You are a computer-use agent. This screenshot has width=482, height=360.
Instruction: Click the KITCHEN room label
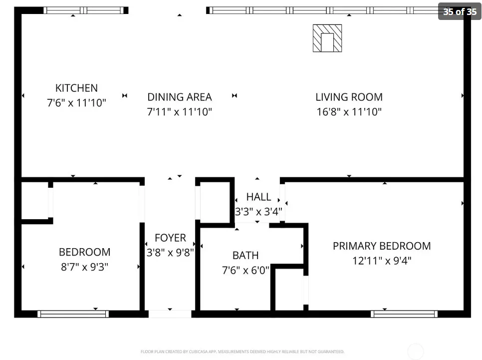pyautogui.click(x=76, y=88)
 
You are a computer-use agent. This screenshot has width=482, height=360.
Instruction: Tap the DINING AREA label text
pyautogui.click(x=180, y=97)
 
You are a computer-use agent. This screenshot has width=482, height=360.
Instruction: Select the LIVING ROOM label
pyautogui.click(x=349, y=97)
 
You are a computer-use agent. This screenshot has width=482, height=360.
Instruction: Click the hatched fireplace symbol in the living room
pyautogui.click(x=327, y=38)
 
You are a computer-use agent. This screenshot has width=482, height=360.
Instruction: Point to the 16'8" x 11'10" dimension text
pyautogui.click(x=349, y=112)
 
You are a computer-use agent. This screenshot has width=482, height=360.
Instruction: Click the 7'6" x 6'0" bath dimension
pyautogui.click(x=245, y=270)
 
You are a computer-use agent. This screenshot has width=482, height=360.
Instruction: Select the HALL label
pyautogui.click(x=258, y=197)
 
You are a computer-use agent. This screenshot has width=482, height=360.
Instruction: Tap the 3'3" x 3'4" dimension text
pyautogui.click(x=258, y=212)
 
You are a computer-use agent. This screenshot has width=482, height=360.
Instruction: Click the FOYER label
pyautogui.click(x=170, y=238)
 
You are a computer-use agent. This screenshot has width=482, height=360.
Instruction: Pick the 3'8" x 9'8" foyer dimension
pyautogui.click(x=170, y=253)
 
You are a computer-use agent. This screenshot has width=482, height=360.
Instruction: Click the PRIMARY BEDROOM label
pyautogui.click(x=382, y=246)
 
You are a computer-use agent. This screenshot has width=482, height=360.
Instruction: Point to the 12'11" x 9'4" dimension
pyautogui.click(x=382, y=261)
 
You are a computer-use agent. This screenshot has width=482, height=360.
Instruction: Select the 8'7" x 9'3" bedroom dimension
pyautogui.click(x=84, y=267)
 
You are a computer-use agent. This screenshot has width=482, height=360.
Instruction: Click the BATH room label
pyautogui.click(x=245, y=255)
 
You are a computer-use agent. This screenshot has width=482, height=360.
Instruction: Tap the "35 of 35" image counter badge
pyautogui.click(x=460, y=11)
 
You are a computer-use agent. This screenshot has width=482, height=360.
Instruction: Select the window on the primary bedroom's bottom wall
pyautogui.click(x=404, y=314)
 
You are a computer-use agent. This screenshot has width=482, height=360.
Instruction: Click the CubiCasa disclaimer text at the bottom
pyautogui.click(x=242, y=352)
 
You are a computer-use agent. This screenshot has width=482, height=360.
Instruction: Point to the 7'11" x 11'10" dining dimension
pyautogui.click(x=180, y=112)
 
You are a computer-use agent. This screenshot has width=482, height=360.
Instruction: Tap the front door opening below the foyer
pyautogui.click(x=170, y=314)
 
